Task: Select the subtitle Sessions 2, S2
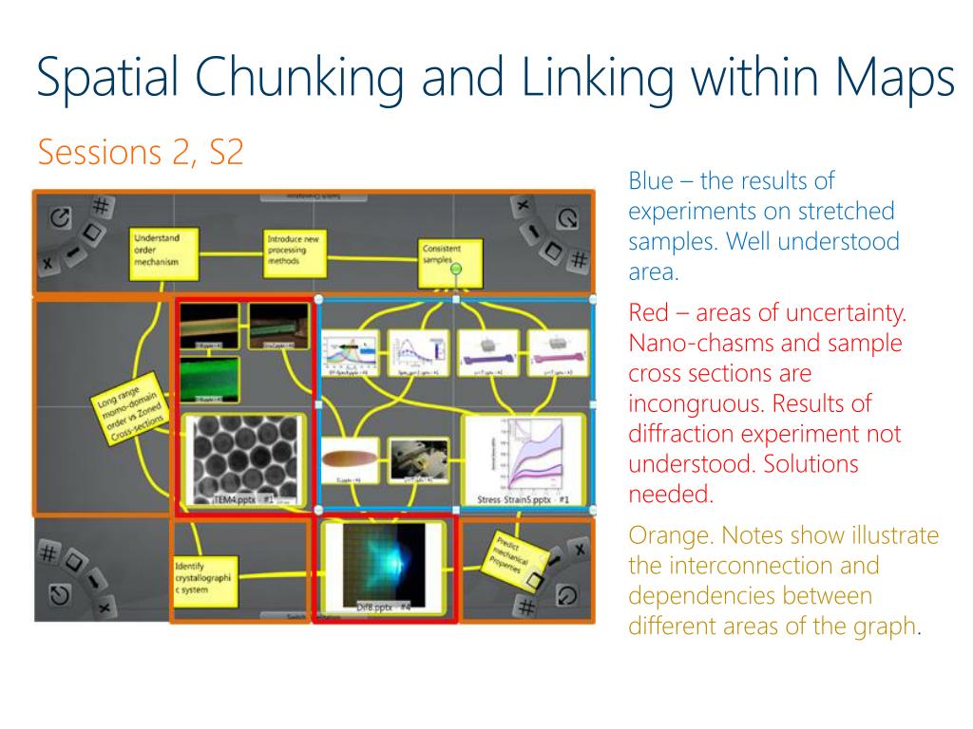click(140, 152)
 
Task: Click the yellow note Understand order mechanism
click(162, 252)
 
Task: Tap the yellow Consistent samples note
click(449, 254)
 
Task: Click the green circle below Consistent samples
click(456, 271)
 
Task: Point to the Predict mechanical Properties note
click(518, 556)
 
